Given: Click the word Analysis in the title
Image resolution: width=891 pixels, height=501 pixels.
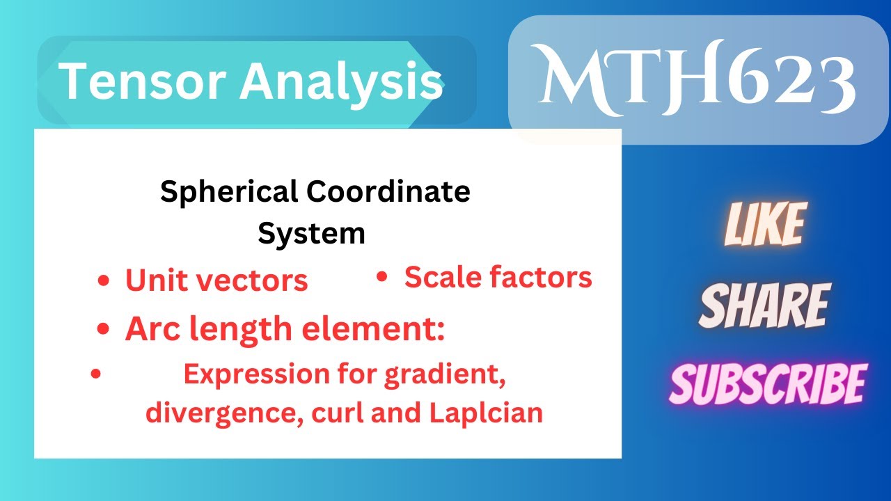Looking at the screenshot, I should (341, 82).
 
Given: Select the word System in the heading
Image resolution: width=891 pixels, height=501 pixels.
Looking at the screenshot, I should (311, 233).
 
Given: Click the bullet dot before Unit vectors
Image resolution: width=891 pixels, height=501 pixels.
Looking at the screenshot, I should (104, 280).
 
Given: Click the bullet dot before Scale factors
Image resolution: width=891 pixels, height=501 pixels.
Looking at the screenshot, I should (381, 277).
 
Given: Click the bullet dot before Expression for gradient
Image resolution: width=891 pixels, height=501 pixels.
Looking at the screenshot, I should (97, 374).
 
